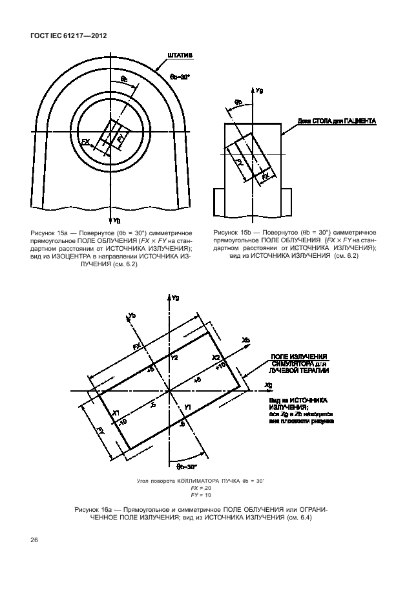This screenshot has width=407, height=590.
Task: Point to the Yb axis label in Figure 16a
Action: pos(132,315)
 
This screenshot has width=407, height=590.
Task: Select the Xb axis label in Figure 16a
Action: pos(246,339)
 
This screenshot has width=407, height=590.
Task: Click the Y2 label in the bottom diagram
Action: pos(173,357)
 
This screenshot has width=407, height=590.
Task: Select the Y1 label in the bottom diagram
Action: pos(187,407)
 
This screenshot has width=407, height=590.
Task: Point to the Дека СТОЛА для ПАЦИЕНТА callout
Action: pos(337,121)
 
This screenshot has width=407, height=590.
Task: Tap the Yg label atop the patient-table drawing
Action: pos(259,90)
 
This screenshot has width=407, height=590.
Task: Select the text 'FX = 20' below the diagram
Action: pos(200,489)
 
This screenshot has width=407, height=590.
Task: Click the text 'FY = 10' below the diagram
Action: pos(200,495)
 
